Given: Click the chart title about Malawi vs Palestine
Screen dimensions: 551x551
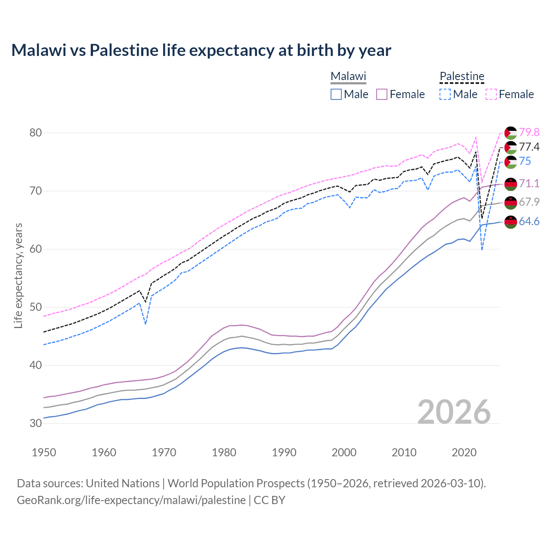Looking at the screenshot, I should (x=201, y=50).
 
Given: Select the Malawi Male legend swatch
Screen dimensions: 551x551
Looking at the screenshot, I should (x=336, y=94).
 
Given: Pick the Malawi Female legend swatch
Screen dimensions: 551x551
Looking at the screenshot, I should (x=382, y=94).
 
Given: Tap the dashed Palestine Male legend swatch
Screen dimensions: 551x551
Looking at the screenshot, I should (x=445, y=94).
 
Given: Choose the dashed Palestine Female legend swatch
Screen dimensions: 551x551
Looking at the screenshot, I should (x=491, y=94).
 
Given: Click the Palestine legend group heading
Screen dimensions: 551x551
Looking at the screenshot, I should (x=462, y=77).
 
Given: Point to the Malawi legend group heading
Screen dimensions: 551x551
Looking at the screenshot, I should (x=348, y=77).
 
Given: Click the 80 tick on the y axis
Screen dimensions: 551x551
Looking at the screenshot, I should (x=36, y=133).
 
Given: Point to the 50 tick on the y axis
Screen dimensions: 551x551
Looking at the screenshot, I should (x=36, y=307).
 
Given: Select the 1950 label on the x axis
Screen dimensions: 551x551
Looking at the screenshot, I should (x=44, y=452).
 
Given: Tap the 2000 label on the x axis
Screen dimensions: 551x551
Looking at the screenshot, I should (x=344, y=452).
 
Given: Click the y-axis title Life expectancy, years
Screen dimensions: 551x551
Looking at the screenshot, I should (x=19, y=275).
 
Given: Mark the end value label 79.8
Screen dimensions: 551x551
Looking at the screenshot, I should (x=529, y=132).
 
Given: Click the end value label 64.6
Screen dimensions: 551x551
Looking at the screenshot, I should (x=529, y=222).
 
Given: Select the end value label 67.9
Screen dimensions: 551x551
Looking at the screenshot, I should (x=529, y=202).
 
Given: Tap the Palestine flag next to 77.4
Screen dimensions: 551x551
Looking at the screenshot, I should (x=511, y=148).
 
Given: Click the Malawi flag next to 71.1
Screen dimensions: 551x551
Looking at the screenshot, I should (x=511, y=184).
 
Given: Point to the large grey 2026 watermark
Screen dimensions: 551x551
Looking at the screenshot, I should (x=454, y=412).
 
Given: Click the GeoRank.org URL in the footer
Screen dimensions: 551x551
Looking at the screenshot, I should (x=131, y=500).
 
